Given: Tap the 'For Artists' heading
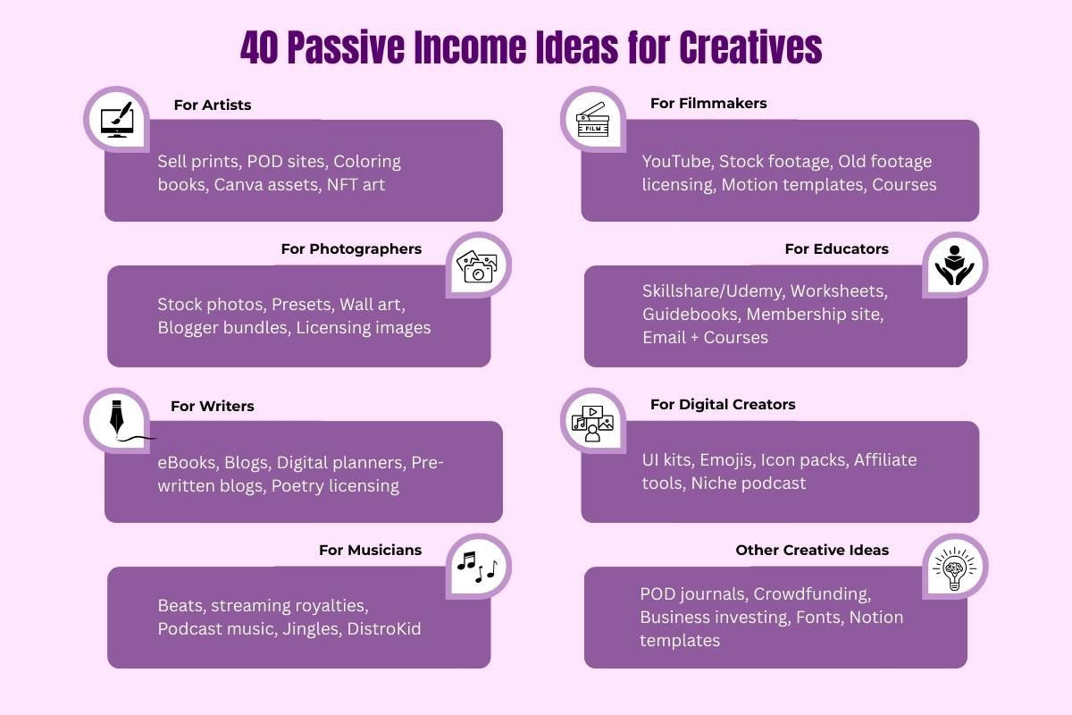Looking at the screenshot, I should click(213, 105).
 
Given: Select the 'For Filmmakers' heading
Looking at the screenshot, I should click(708, 103).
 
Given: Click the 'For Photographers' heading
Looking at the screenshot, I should click(351, 248).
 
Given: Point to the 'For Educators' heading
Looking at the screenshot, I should click(837, 248).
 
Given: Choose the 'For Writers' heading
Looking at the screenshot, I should click(213, 406).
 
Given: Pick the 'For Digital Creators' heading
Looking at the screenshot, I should click(723, 404).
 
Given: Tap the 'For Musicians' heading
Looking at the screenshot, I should click(370, 550).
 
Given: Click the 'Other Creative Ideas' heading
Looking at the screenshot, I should click(812, 550).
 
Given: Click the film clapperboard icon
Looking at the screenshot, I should click(592, 121).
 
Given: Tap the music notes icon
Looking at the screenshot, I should click(480, 566).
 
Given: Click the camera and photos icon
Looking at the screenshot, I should click(478, 265).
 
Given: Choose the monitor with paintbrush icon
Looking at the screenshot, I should click(116, 120).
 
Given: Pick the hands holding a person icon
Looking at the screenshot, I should click(955, 265).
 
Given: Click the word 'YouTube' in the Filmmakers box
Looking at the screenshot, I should click(677, 162).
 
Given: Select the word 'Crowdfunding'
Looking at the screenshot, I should click(812, 593).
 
